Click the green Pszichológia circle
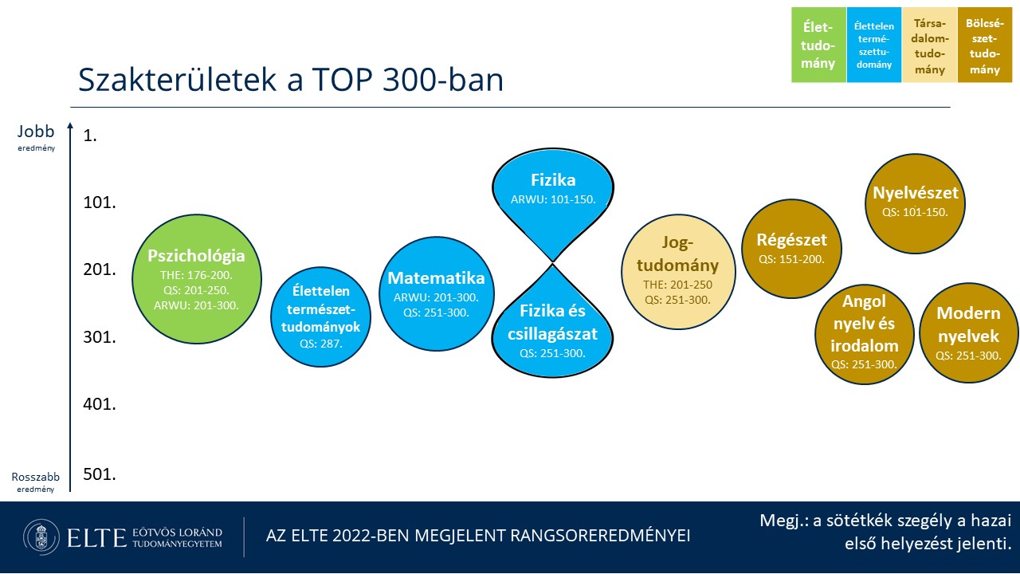tap(197, 279)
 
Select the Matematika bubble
tap(436, 294)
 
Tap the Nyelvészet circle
tap(915, 203)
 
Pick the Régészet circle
tap(791, 249)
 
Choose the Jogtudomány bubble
tap(678, 272)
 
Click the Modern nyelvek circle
tap(968, 333)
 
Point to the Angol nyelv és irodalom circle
tap(865, 334)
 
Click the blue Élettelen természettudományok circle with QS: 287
tap(320, 316)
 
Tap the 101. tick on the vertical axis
tap(100, 202)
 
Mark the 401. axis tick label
tap(100, 404)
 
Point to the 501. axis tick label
tap(100, 474)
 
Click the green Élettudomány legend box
tap(818, 45)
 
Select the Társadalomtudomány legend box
tap(929, 45)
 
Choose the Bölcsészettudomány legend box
tap(984, 45)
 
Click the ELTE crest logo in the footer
tap(41, 537)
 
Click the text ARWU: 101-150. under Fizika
tap(553, 199)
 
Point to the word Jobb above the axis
tap(36, 132)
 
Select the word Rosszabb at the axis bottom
tap(36, 477)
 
